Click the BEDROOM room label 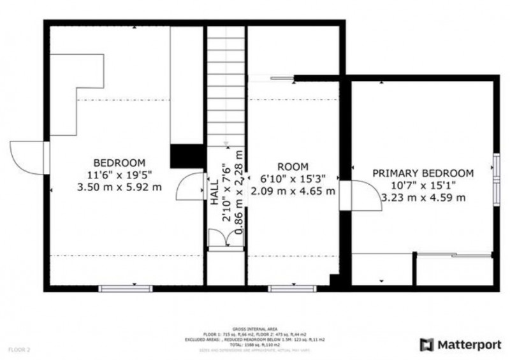119,162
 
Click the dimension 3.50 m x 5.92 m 119,187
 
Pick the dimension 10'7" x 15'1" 423,185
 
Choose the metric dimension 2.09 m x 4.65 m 293,191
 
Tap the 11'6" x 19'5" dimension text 119,175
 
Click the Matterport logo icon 426,345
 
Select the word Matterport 469,345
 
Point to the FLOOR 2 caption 18,349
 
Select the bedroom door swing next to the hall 191,187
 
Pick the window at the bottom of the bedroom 126,289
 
